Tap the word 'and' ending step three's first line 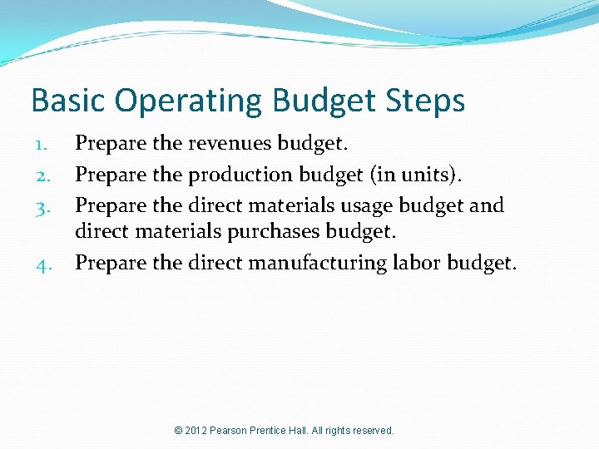click(487, 205)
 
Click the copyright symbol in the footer click(178, 431)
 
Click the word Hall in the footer click(298, 431)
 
